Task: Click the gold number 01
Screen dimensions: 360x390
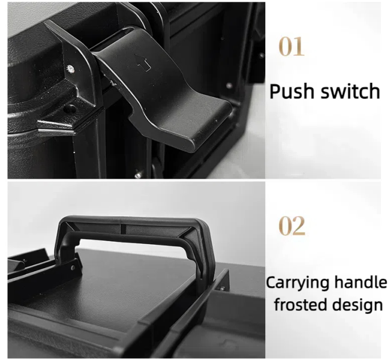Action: (x=292, y=46)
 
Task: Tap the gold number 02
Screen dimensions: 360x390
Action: (x=292, y=226)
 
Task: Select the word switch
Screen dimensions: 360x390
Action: (x=350, y=91)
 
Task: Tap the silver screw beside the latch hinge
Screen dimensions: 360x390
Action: (x=70, y=68)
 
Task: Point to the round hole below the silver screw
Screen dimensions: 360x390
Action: (x=70, y=109)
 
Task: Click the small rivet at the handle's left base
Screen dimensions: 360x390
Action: (x=76, y=263)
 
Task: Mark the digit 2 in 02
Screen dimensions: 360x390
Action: (x=299, y=226)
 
